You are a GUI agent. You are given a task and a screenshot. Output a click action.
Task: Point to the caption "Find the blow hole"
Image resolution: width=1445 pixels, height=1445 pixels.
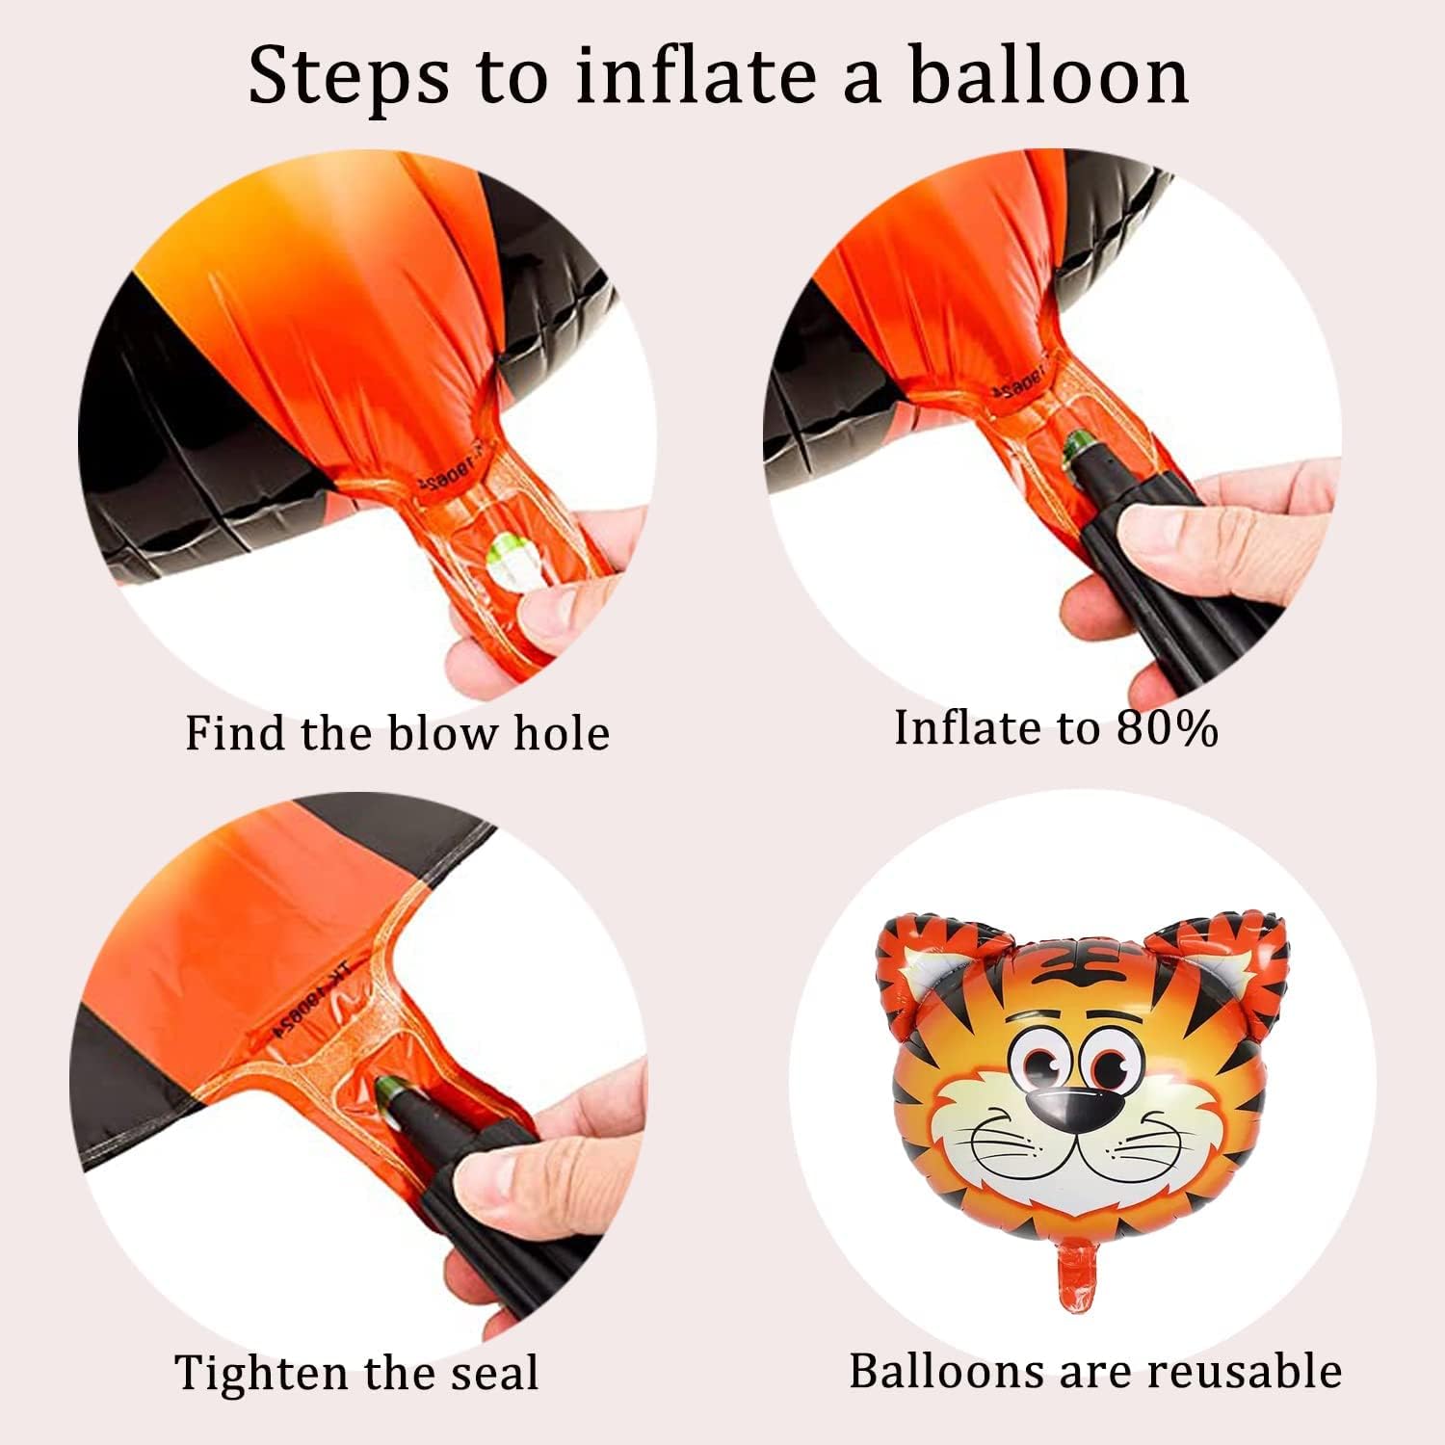[397, 733]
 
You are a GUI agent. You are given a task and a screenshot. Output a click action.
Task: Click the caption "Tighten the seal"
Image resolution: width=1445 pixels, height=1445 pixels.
[355, 1372]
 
